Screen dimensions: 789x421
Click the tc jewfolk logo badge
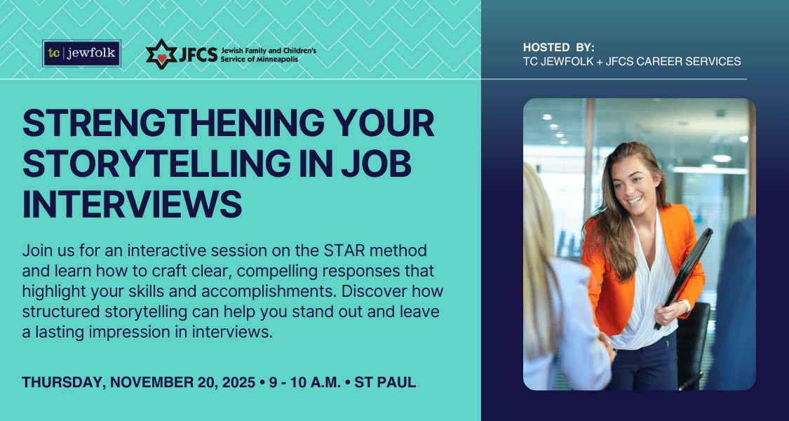point(81,53)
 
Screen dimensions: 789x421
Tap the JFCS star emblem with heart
point(161,54)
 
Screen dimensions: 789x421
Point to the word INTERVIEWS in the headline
point(133,204)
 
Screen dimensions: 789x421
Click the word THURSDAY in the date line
point(62,382)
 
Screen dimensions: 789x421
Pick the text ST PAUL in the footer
point(386,382)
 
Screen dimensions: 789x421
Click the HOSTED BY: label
point(558,47)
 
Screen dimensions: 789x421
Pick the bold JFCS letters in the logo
point(198,54)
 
